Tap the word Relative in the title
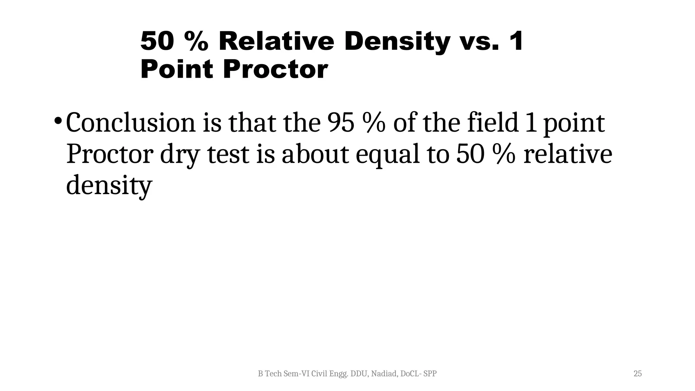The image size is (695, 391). [276, 41]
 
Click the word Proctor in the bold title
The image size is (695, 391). [275, 69]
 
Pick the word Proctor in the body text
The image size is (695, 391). [110, 154]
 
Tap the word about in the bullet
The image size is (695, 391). [315, 154]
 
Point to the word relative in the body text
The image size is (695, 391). [568, 154]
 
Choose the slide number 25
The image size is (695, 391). [638, 374]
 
